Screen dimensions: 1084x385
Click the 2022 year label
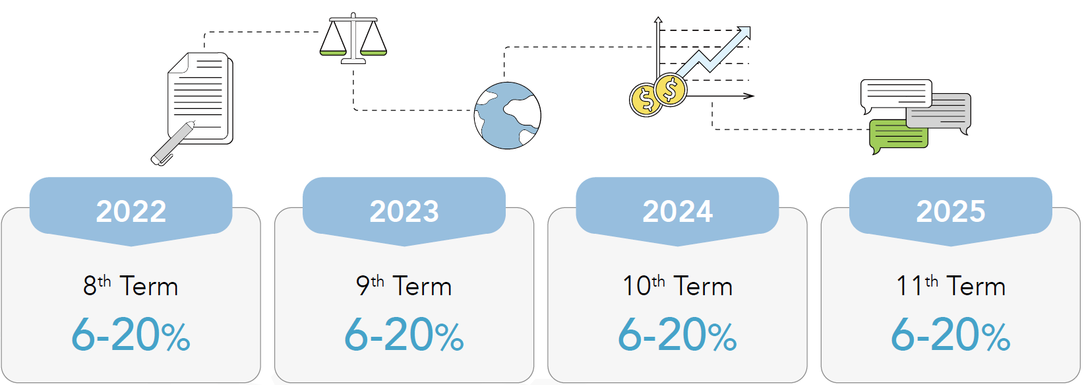[131, 211]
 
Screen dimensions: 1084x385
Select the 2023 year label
[404, 211]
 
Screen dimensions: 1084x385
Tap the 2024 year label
[678, 211]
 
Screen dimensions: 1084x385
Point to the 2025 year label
[950, 211]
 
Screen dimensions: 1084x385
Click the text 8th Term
[131, 285]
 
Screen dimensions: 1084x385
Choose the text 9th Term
[404, 285]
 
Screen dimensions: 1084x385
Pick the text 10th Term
[677, 285]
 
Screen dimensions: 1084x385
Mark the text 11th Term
[950, 285]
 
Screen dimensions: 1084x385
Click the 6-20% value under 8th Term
[131, 334]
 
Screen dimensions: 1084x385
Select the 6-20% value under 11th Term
[950, 334]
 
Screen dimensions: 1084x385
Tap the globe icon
[507, 116]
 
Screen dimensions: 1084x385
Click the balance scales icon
[353, 38]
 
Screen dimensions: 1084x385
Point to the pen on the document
[173, 143]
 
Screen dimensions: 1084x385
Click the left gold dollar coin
[646, 100]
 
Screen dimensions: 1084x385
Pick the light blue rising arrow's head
[743, 33]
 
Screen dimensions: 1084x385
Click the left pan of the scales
[333, 52]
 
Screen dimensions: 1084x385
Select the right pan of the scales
[374, 52]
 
